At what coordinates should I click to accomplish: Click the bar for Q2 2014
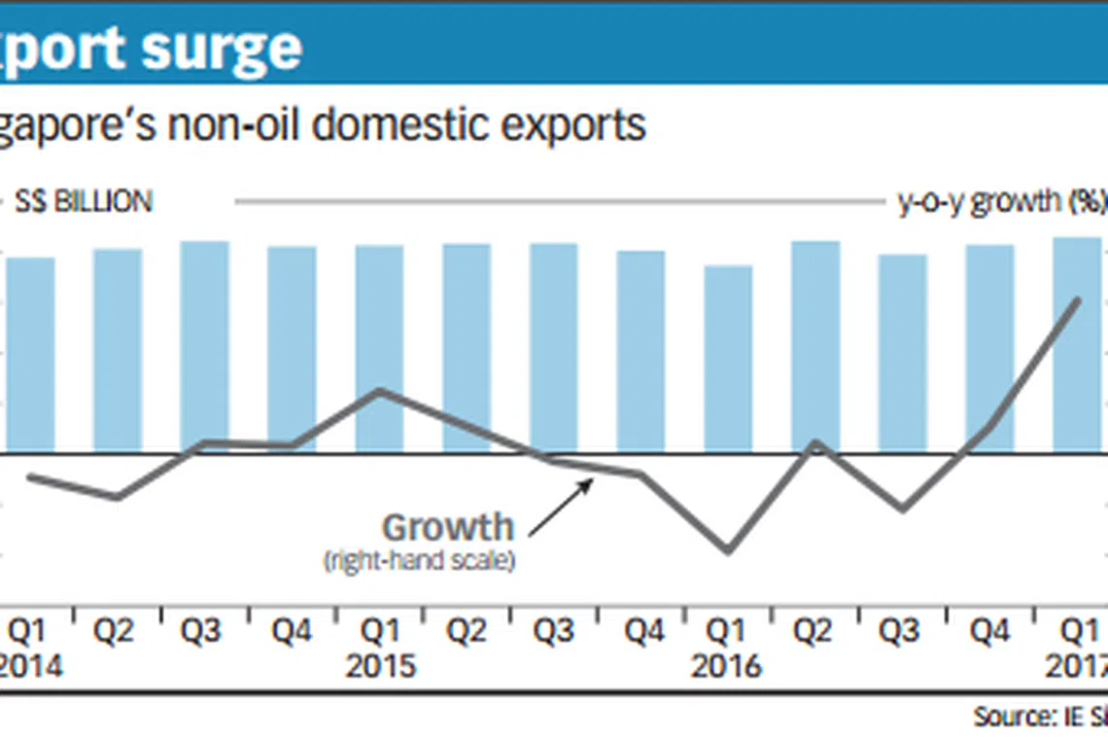(118, 350)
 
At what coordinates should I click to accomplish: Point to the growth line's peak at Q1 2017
(1077, 299)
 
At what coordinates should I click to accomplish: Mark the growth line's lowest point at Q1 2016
(728, 550)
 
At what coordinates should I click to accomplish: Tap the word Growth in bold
(447, 528)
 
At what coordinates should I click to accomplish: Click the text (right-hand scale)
(418, 561)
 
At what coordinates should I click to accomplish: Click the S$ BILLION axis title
(84, 202)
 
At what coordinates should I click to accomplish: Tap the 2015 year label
(380, 666)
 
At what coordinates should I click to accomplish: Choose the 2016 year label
(728, 666)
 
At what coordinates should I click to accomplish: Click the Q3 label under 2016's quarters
(901, 633)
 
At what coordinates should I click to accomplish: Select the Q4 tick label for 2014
(292, 633)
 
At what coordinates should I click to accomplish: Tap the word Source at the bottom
(1006, 718)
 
